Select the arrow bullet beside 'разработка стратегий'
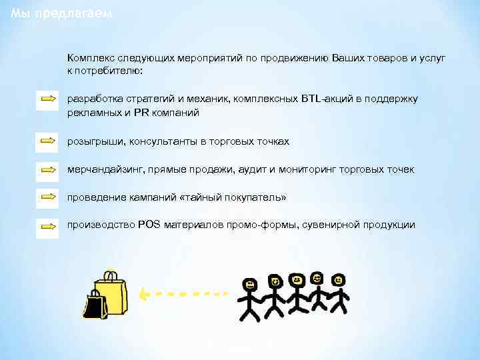(x=48, y=99)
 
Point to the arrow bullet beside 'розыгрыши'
(x=48, y=141)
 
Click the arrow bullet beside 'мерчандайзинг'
(x=48, y=169)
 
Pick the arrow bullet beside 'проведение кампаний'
(x=48, y=197)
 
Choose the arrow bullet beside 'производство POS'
(x=48, y=225)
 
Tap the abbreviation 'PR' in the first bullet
(x=141, y=113)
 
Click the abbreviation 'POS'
(x=149, y=225)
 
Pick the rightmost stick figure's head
(x=337, y=279)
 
